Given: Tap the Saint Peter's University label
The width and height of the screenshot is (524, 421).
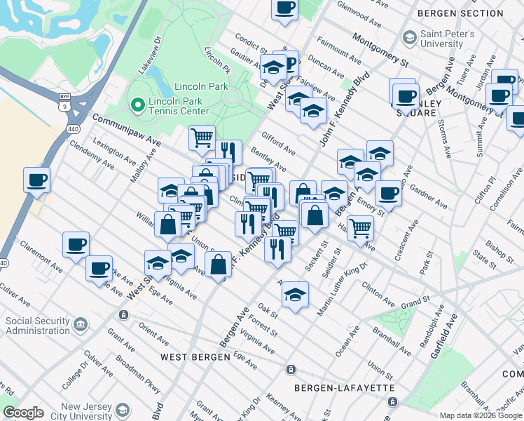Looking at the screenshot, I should tap(447, 39).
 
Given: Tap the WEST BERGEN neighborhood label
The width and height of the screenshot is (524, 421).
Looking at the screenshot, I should tap(195, 357).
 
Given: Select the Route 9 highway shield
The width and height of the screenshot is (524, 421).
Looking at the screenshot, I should tap(64, 106).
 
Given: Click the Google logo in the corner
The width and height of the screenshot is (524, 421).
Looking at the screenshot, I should tap(23, 413).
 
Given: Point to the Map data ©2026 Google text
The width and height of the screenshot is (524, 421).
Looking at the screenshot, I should tap(480, 415).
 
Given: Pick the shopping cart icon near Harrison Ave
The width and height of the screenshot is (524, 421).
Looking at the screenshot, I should tap(360, 227).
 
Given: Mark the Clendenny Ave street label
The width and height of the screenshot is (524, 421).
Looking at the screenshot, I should tap(92, 155).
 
